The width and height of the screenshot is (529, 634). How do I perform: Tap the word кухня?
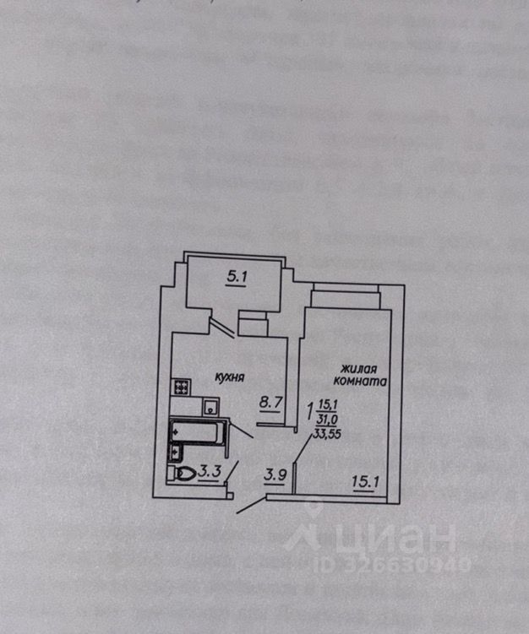tap(229, 378)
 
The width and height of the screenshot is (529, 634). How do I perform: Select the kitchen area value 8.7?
tap(270, 404)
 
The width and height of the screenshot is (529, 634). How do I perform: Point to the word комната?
tap(365, 382)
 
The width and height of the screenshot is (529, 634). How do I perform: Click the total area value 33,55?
tap(325, 434)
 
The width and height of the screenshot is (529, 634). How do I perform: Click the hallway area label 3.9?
tap(274, 474)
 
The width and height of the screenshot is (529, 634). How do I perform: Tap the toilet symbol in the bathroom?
tap(183, 474)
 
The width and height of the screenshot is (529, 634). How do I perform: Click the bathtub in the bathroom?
tap(196, 432)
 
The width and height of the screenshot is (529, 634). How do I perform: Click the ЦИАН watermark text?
tap(396, 537)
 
